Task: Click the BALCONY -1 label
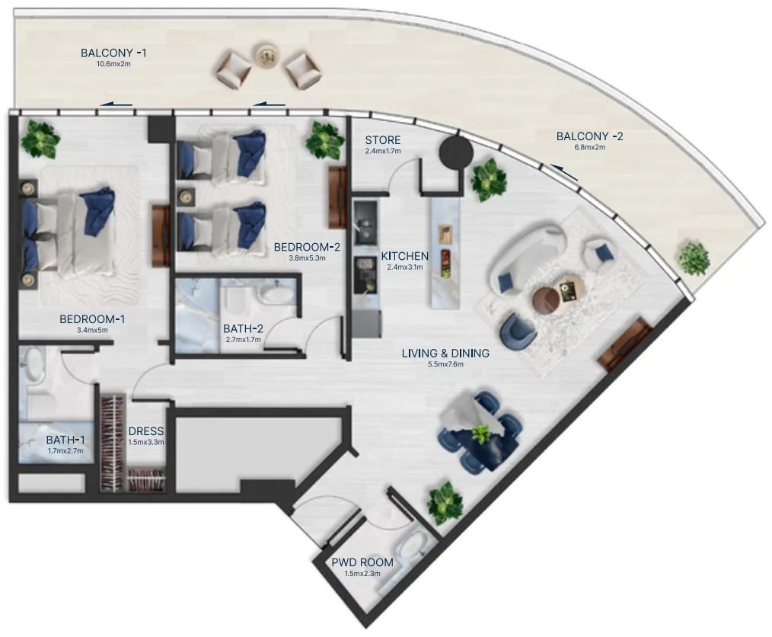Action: click(x=113, y=53)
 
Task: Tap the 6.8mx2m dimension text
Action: click(x=589, y=147)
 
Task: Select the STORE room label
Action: click(x=382, y=140)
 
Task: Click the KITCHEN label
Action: click(x=405, y=256)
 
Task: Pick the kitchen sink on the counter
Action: click(x=365, y=222)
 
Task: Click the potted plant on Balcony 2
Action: click(x=694, y=258)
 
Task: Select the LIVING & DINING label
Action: click(x=445, y=354)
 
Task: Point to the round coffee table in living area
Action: click(x=547, y=299)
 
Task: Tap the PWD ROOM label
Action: click(x=362, y=562)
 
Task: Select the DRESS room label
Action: click(x=145, y=431)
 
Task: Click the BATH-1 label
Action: click(x=65, y=440)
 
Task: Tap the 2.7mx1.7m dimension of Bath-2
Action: click(x=243, y=339)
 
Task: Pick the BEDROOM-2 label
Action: click(x=308, y=247)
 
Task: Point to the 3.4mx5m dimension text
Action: click(x=92, y=330)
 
